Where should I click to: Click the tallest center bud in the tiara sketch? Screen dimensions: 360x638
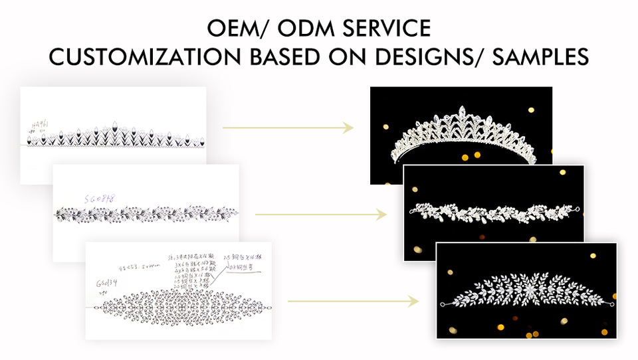114,126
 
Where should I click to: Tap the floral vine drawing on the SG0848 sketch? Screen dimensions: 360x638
145,215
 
